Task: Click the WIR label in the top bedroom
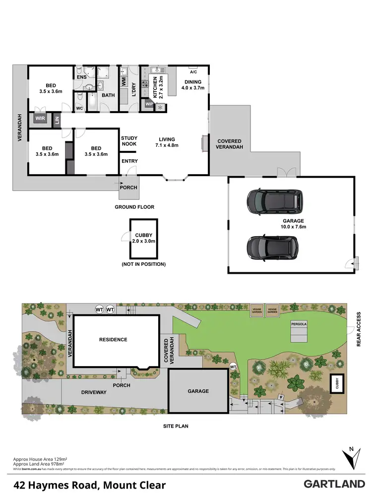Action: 40,119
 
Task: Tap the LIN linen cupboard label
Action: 57,119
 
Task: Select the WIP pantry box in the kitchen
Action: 149,104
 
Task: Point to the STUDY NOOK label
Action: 129,142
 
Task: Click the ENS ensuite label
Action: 82,77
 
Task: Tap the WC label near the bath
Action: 79,108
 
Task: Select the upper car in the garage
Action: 274,200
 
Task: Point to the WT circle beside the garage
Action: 233,367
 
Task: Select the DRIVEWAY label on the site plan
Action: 94,392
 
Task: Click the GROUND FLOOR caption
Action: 134,207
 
